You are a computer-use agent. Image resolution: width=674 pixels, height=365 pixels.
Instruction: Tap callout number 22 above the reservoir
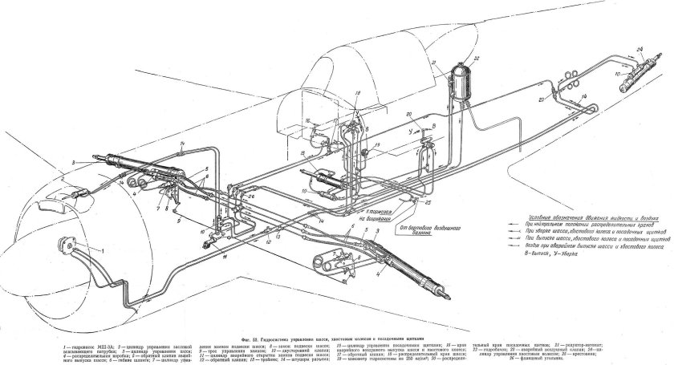point(476,59)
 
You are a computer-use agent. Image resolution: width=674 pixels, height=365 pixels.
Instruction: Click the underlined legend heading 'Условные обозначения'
point(562,210)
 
